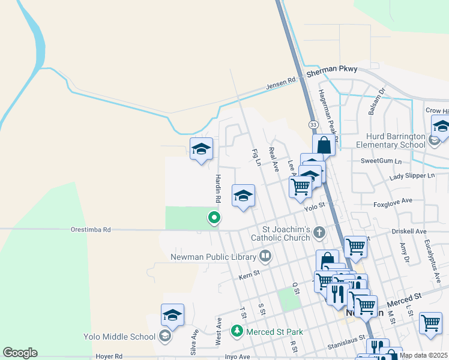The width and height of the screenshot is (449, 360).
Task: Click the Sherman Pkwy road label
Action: click(331, 70)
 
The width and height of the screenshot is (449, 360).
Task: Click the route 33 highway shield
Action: click(313, 124)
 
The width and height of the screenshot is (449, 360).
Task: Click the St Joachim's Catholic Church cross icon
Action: click(320, 232)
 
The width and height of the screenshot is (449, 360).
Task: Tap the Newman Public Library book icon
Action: click(265, 256)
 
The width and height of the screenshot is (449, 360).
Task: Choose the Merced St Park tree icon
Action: click(238, 331)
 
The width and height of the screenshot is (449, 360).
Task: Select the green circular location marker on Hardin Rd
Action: click(213, 218)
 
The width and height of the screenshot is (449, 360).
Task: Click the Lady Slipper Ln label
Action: click(411, 176)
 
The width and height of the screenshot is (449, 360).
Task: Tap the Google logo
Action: click(20, 353)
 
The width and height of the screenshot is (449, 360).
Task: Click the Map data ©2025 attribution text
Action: click(423, 355)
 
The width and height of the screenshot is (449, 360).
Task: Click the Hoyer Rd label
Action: click(109, 356)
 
